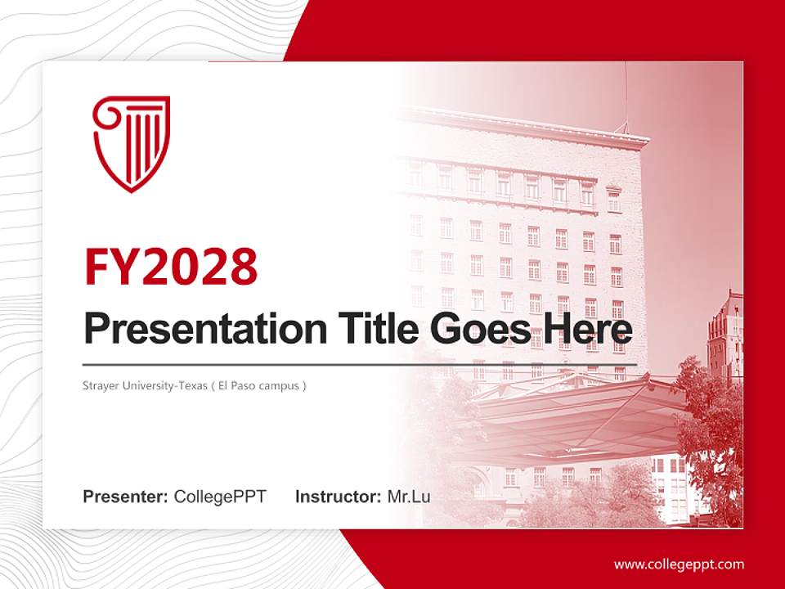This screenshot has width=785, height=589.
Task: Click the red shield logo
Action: click(x=131, y=143)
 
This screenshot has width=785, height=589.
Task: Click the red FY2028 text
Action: click(x=171, y=268)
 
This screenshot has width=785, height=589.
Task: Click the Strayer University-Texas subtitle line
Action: click(x=195, y=385)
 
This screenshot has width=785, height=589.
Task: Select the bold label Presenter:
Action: click(x=126, y=496)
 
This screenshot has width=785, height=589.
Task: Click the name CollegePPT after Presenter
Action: click(x=220, y=496)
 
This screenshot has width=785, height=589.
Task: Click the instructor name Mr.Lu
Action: click(x=409, y=496)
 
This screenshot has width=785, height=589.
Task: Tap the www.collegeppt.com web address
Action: click(x=679, y=564)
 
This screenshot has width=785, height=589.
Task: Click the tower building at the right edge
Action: click(x=724, y=335)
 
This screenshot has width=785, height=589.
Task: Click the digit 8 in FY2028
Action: click(x=242, y=268)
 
